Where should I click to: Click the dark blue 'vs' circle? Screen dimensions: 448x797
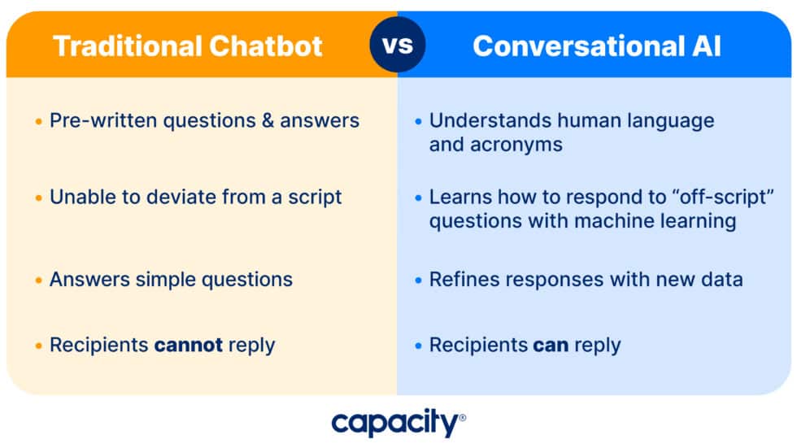pyautogui.click(x=398, y=44)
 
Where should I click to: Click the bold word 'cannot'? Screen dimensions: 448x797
pyautogui.click(x=189, y=345)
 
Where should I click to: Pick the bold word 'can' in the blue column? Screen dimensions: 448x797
pyautogui.click(x=551, y=345)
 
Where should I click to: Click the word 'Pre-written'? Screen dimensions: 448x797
pyautogui.click(x=104, y=121)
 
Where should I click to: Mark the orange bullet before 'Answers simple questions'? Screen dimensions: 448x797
pyautogui.click(x=38, y=281)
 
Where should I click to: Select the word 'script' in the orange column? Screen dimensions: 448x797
pyautogui.click(x=315, y=197)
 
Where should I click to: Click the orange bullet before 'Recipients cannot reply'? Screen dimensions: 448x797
pyautogui.click(x=38, y=346)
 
